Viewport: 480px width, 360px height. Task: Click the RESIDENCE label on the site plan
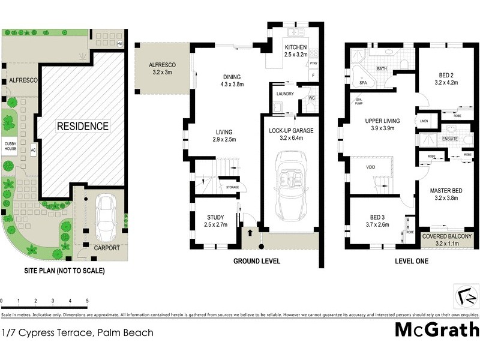tap(83, 127)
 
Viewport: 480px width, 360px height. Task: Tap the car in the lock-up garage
tap(291, 185)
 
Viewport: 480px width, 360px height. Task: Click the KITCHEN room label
tap(295, 47)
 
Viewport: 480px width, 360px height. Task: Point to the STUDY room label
tap(215, 217)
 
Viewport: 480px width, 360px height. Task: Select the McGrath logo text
tap(437, 329)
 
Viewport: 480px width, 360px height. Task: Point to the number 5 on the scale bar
tap(88, 300)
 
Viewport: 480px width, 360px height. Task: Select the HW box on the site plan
tap(120, 44)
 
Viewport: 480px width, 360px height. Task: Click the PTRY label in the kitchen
tap(313, 63)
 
